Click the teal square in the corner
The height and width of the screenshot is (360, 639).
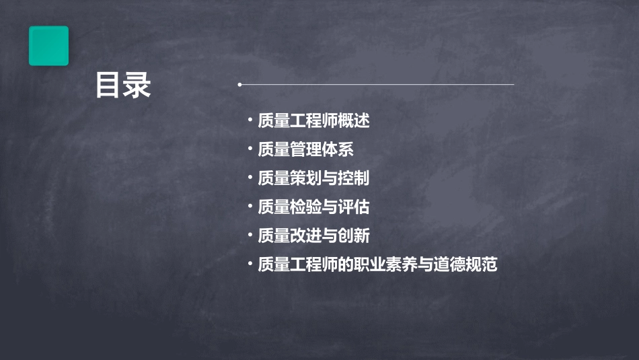coord(48,46)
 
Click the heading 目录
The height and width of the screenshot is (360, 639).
coord(122,85)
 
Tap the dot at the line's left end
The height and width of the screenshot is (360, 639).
coord(239,85)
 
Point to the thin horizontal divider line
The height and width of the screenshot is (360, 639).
coord(377,85)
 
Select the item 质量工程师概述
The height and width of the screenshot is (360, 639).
coord(313,121)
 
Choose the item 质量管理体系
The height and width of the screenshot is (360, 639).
coord(305,149)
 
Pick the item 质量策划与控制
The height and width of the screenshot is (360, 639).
coord(313,178)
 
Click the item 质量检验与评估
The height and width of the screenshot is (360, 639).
coord(313,207)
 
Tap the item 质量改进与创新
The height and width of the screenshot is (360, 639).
coord(313,236)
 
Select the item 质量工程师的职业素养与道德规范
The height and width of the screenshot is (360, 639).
coord(377,264)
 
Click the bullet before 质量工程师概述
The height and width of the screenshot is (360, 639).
coord(250,120)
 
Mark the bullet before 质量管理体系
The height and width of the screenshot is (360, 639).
coord(250,149)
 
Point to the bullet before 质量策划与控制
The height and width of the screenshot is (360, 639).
coord(250,178)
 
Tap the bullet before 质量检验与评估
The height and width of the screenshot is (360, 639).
coord(250,206)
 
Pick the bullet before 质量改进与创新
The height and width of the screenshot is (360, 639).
coord(250,235)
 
